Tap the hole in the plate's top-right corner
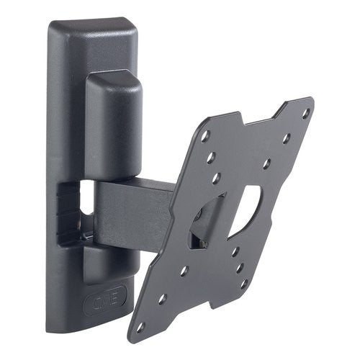pos(305,114)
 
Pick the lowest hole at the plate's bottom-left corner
pos(140,327)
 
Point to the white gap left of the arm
pos(87,197)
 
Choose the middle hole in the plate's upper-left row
pos(210,156)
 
